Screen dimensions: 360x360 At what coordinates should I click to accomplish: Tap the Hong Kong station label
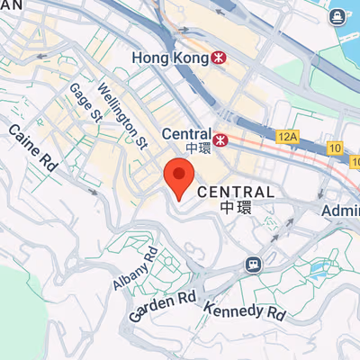point(169,57)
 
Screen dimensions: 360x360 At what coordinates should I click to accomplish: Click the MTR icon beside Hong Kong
point(219,57)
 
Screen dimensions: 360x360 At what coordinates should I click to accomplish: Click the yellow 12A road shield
point(287,135)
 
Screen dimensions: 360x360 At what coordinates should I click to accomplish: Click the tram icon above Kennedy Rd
point(255,265)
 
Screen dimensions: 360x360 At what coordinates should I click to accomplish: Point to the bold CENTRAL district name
point(235,193)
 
